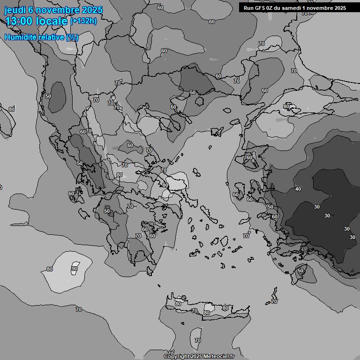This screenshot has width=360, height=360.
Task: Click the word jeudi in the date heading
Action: [15, 10]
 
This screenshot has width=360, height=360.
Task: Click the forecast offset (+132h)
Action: [83, 21]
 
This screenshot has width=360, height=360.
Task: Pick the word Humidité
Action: [20, 37]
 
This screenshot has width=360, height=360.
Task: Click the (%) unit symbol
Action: [72, 37]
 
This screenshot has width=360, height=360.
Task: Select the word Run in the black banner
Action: [248, 7]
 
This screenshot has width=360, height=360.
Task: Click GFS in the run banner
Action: [260, 7]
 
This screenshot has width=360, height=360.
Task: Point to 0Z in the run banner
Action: [270, 7]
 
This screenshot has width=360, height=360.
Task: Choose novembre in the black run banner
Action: [320, 7]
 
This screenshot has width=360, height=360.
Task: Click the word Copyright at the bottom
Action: [176, 357]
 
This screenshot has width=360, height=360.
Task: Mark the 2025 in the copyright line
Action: [196, 357]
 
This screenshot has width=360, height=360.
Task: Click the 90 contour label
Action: [75, 269]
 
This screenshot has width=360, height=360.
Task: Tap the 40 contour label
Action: [298, 189]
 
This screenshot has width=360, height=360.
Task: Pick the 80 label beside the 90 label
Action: [50, 269]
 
